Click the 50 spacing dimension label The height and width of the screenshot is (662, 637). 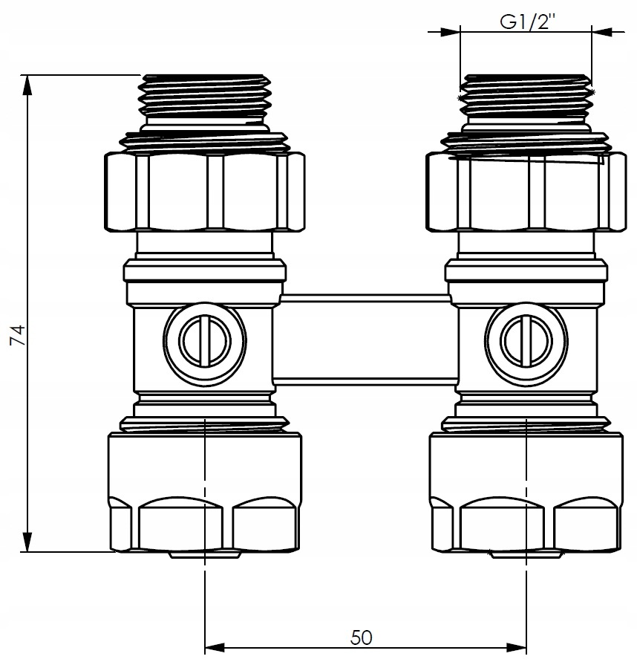click(362, 637)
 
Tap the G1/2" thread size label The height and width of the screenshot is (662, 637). click(525, 22)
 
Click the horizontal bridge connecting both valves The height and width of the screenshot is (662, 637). click(365, 339)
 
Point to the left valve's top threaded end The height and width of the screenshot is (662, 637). click(204, 97)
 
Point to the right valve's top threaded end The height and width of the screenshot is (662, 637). click(526, 97)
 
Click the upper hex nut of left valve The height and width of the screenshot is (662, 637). click(204, 191)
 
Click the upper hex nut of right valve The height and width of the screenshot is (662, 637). click(526, 191)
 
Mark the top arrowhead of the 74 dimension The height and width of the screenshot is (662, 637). click(28, 84)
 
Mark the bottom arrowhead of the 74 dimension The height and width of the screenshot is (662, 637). click(28, 543)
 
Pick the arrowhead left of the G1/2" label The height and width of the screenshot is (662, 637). click(450, 32)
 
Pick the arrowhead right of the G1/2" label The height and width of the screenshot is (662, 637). click(602, 32)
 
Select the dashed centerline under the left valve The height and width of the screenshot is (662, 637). click(204, 594)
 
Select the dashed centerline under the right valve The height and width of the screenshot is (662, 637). click(526, 594)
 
